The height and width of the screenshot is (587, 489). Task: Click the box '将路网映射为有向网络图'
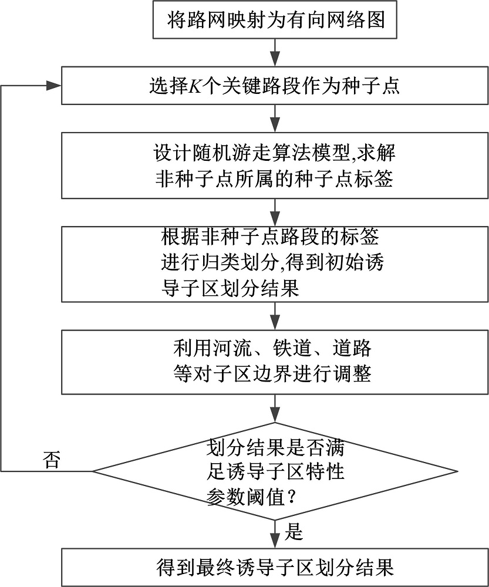(x=275, y=21)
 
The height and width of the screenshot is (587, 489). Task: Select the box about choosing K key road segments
(x=275, y=87)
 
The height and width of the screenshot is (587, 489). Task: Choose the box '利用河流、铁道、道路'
(x=275, y=362)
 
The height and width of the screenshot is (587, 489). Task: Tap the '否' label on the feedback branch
(x=52, y=460)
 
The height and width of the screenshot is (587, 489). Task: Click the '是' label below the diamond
(x=293, y=532)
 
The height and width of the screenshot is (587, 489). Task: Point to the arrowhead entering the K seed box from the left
(x=55, y=86)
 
